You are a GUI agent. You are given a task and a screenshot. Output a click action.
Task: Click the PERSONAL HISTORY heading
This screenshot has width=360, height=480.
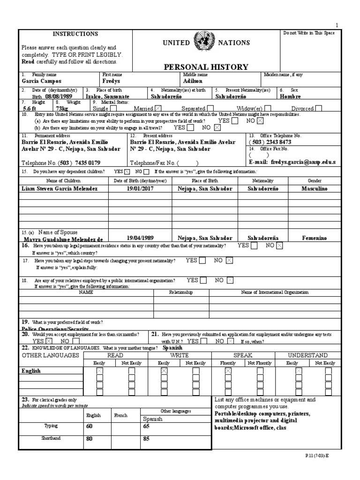click(x=206, y=67)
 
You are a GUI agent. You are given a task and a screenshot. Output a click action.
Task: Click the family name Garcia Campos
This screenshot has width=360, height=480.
click(x=42, y=81)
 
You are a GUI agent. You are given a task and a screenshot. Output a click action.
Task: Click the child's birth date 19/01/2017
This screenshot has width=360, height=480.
click(x=140, y=188)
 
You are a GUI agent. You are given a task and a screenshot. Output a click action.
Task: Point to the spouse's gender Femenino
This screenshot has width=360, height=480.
click(x=315, y=238)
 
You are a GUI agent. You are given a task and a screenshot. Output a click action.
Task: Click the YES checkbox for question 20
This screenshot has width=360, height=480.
click(x=49, y=341)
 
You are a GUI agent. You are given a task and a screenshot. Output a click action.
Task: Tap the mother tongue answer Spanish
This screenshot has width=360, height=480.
click(x=172, y=348)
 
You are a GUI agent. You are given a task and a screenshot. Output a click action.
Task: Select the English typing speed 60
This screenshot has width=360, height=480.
click(x=90, y=426)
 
